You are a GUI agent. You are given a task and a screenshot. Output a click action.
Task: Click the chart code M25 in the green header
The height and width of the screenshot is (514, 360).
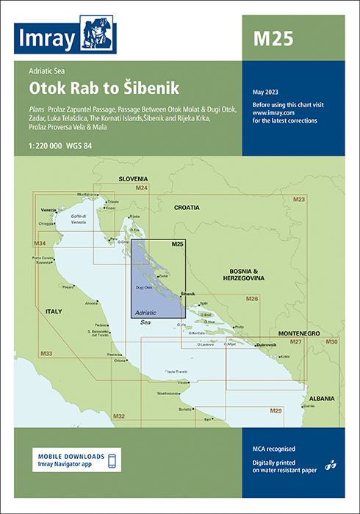273,38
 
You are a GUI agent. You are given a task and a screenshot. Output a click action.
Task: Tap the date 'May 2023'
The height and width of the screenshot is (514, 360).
265,91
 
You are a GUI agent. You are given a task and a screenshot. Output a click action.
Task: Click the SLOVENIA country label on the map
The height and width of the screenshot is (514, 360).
134,178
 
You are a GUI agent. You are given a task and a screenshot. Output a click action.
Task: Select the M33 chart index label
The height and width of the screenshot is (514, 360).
46,354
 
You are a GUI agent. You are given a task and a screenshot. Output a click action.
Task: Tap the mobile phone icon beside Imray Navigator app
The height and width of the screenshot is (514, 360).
111,460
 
